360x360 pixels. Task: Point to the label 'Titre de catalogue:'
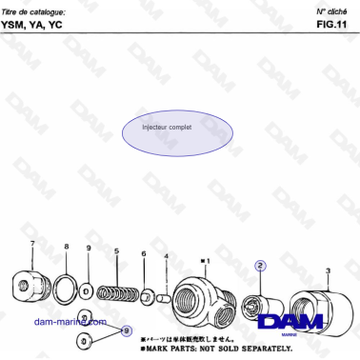(34, 9)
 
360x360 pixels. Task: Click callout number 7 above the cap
(32, 245)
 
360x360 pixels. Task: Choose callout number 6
(144, 254)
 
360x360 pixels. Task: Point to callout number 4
(166, 256)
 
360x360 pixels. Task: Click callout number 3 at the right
(327, 270)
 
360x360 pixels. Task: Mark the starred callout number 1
(206, 259)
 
